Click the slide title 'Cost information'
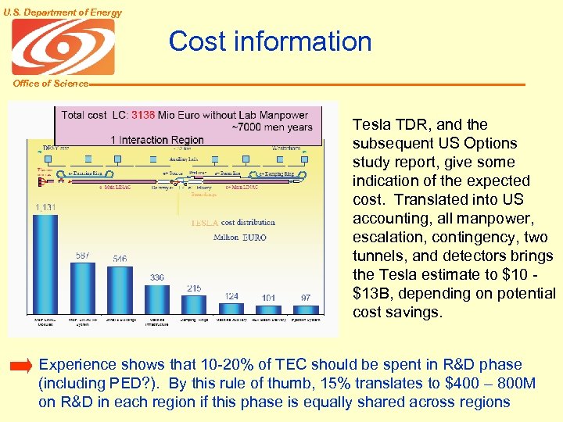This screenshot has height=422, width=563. (x=270, y=41)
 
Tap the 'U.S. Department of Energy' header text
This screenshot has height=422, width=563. (x=63, y=12)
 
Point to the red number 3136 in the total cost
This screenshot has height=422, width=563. (x=143, y=115)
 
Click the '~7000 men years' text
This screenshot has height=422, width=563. (x=272, y=127)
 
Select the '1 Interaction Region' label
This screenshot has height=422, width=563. (x=156, y=141)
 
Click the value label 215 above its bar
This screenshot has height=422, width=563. (x=194, y=288)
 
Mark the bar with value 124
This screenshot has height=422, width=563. (x=231, y=308)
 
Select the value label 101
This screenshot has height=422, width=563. (x=268, y=297)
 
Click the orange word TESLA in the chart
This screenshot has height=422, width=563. (x=204, y=223)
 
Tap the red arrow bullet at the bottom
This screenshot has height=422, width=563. (x=21, y=366)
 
